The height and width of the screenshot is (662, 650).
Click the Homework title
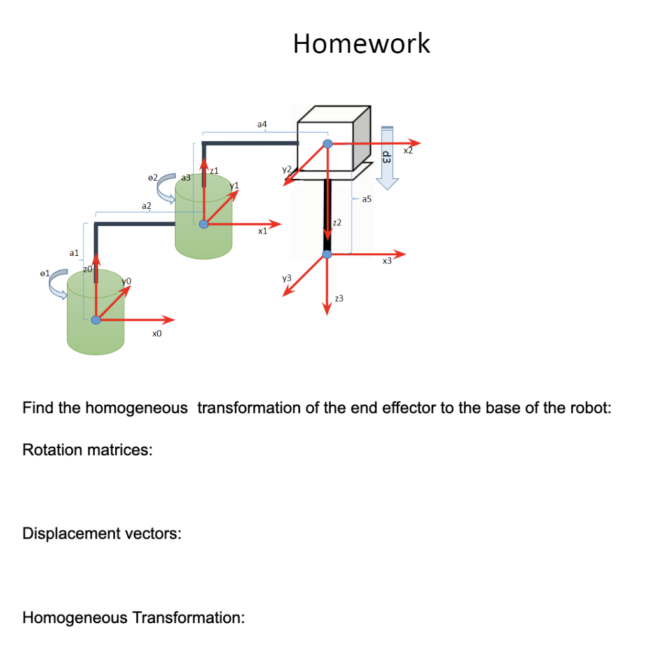tap(361, 43)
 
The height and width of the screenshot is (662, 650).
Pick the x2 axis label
tap(408, 151)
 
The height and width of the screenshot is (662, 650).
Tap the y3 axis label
tap(286, 278)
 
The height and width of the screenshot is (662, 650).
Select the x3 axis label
tap(387, 261)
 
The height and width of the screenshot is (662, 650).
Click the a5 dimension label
tap(366, 200)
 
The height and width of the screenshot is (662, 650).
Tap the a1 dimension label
tap(74, 253)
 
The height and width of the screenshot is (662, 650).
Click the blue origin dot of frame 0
tap(95, 320)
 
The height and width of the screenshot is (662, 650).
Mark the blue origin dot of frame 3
tap(327, 255)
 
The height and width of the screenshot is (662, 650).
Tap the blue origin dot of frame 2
tap(327, 144)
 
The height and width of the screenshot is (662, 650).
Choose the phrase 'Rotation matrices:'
tap(87, 450)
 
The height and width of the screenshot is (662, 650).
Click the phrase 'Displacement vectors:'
tap(102, 533)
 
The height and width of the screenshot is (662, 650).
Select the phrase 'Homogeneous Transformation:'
tap(134, 617)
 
